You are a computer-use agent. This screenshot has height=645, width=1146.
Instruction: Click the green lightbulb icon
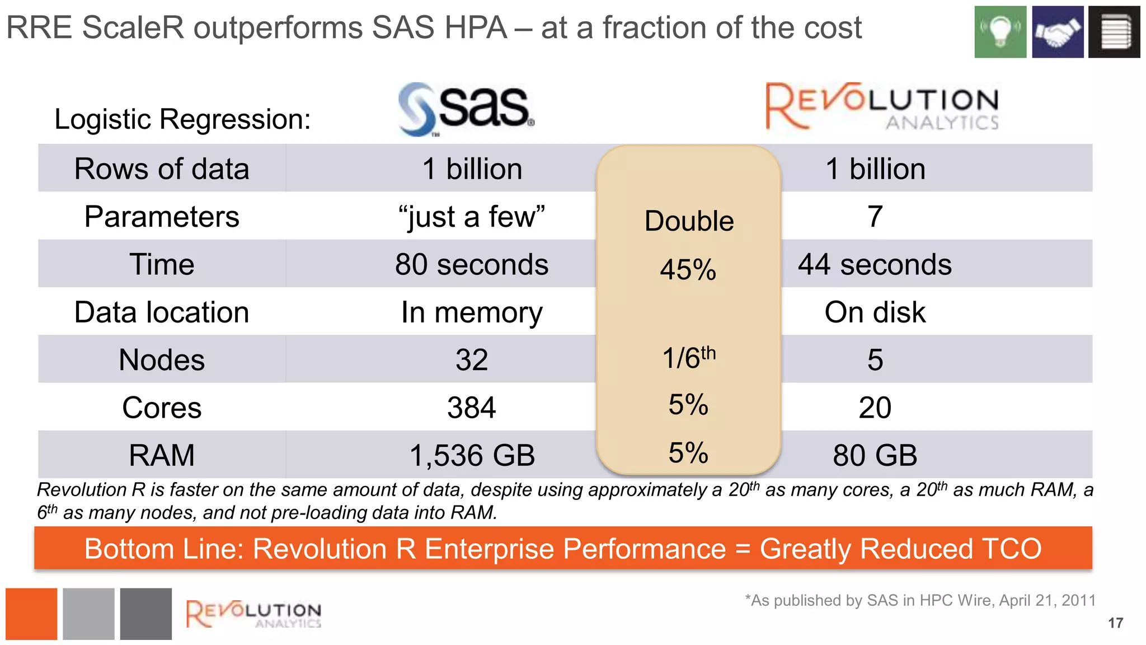click(1000, 32)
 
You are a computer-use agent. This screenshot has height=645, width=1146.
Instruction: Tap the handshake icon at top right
click(1058, 32)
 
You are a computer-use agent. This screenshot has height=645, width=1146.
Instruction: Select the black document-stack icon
click(1114, 32)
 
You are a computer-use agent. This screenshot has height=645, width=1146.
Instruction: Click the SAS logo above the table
click(466, 109)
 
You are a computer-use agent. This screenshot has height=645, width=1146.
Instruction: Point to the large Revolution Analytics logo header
click(882, 106)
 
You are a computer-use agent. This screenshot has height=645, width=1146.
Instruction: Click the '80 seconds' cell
click(472, 264)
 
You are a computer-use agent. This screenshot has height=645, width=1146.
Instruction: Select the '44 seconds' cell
click(875, 264)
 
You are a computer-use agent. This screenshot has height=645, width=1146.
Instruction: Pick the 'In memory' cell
click(472, 312)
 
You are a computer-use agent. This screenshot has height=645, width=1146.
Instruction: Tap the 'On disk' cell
click(875, 312)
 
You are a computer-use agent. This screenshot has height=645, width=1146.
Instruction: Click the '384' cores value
click(472, 408)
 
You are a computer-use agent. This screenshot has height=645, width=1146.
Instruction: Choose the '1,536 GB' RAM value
click(472, 455)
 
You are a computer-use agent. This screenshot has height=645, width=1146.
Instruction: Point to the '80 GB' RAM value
click(875, 455)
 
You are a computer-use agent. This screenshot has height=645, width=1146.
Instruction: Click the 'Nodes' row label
click(162, 360)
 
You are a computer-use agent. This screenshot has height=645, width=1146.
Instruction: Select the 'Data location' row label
click(162, 312)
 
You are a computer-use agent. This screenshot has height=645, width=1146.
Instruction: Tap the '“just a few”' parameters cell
click(472, 217)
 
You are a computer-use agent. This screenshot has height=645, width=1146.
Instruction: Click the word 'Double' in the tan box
click(689, 221)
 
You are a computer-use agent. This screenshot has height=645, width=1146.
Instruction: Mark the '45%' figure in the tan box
click(688, 269)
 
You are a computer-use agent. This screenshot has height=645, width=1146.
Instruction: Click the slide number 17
click(1115, 623)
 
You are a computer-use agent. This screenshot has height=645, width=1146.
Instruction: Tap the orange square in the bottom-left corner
click(31, 614)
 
